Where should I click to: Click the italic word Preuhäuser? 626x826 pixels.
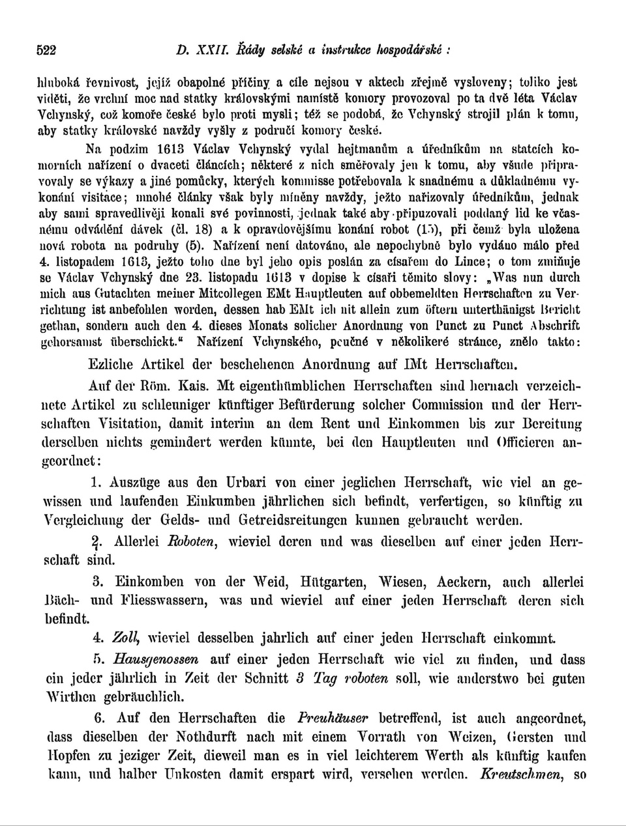(x=333, y=719)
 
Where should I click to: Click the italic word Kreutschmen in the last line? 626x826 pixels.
(x=521, y=775)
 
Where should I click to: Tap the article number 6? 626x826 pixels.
(x=100, y=719)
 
